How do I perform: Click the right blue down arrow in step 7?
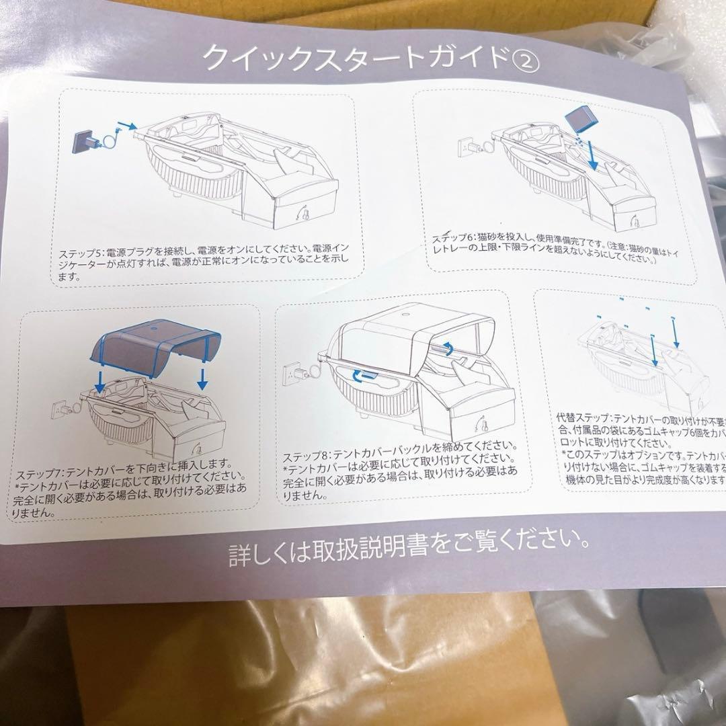click(x=202, y=377)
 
